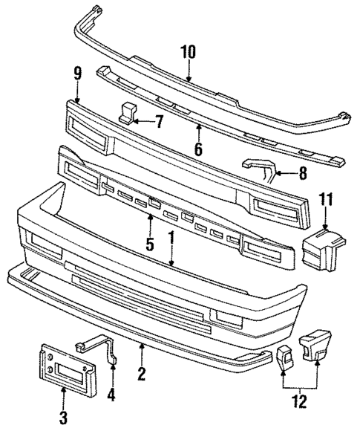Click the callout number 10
188,52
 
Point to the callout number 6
197,149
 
